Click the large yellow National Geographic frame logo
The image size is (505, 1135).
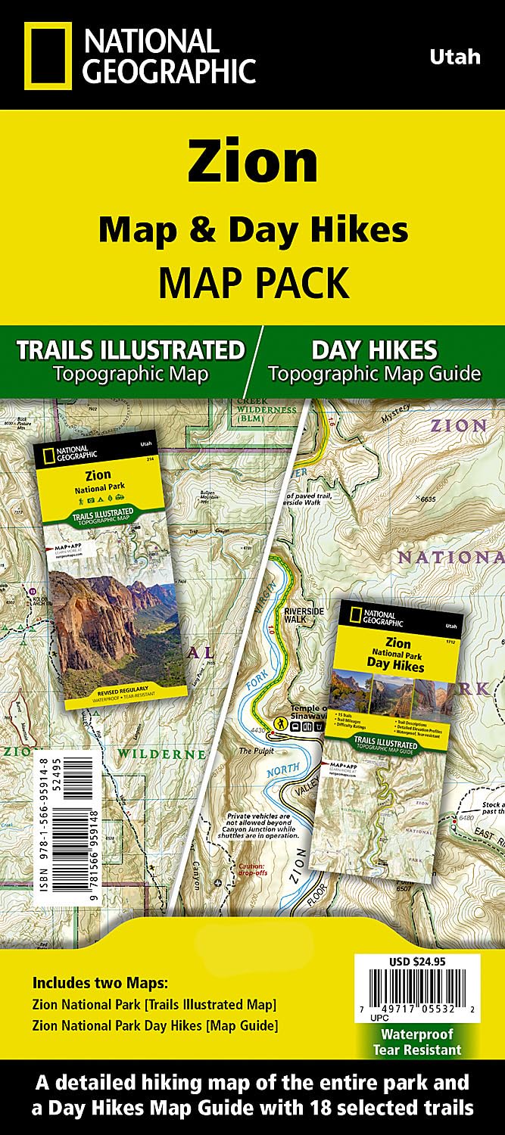coord(48,54)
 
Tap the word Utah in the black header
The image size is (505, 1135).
coord(454,57)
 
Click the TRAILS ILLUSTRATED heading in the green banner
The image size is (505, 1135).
coord(130,350)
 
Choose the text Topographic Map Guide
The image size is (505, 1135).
coord(375,373)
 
